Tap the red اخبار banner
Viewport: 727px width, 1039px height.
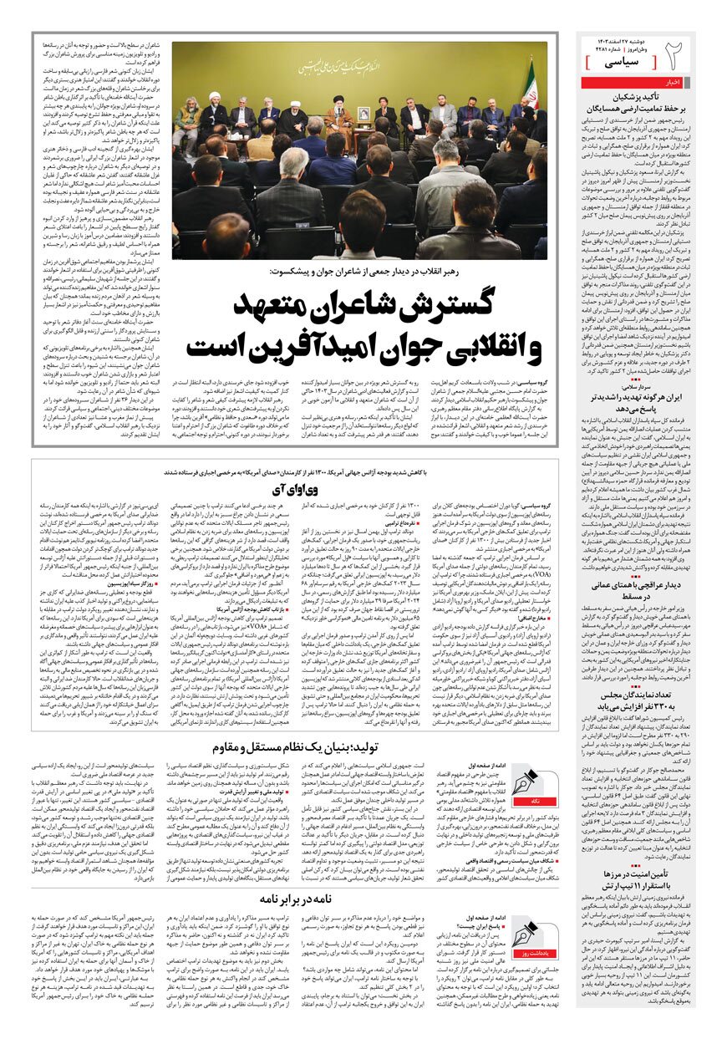(x=674, y=82)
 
